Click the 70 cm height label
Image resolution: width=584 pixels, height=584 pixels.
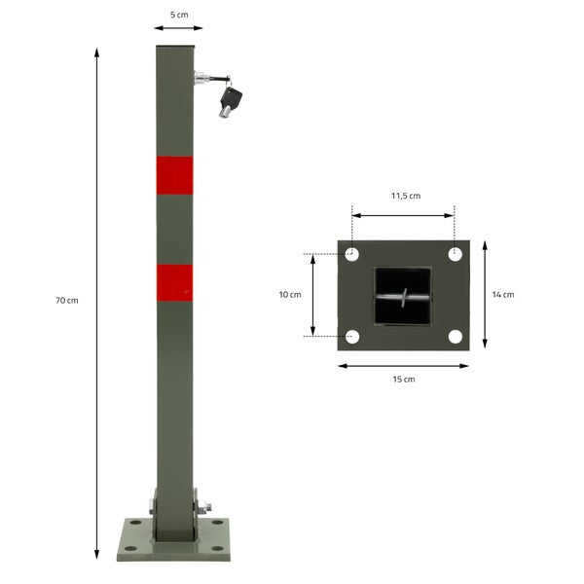pyautogui.click(x=66, y=301)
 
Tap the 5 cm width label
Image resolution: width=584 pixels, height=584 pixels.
pyautogui.click(x=179, y=16)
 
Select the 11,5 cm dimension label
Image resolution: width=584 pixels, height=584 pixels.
pyautogui.click(x=405, y=196)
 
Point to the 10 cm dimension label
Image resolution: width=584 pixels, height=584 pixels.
pyautogui.click(x=289, y=294)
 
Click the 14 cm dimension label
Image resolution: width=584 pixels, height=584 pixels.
pyautogui.click(x=502, y=294)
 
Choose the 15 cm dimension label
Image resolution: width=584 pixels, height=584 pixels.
pyautogui.click(x=404, y=380)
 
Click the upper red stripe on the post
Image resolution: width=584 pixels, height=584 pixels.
pyautogui.click(x=174, y=173)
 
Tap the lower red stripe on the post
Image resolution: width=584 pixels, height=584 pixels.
pyautogui.click(x=174, y=282)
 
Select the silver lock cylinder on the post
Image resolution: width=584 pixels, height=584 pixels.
pyautogui.click(x=201, y=79)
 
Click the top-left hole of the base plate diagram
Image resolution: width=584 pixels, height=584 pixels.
pyautogui.click(x=352, y=255)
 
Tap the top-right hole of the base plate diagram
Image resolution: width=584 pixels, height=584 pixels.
pyautogui.click(x=455, y=255)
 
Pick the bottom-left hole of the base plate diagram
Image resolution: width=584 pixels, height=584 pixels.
pyautogui.click(x=352, y=337)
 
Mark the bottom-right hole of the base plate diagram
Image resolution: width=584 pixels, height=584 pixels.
pyautogui.click(x=455, y=337)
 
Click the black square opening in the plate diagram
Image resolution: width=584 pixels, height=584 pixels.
pyautogui.click(x=403, y=296)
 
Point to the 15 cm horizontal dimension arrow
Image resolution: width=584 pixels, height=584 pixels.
pyautogui.click(x=403, y=366)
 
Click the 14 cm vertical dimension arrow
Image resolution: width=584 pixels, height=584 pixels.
pyautogui.click(x=484, y=295)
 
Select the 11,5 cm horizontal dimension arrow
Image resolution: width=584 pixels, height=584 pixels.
pyautogui.click(x=403, y=215)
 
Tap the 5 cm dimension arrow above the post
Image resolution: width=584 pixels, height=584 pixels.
pyautogui.click(x=178, y=28)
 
